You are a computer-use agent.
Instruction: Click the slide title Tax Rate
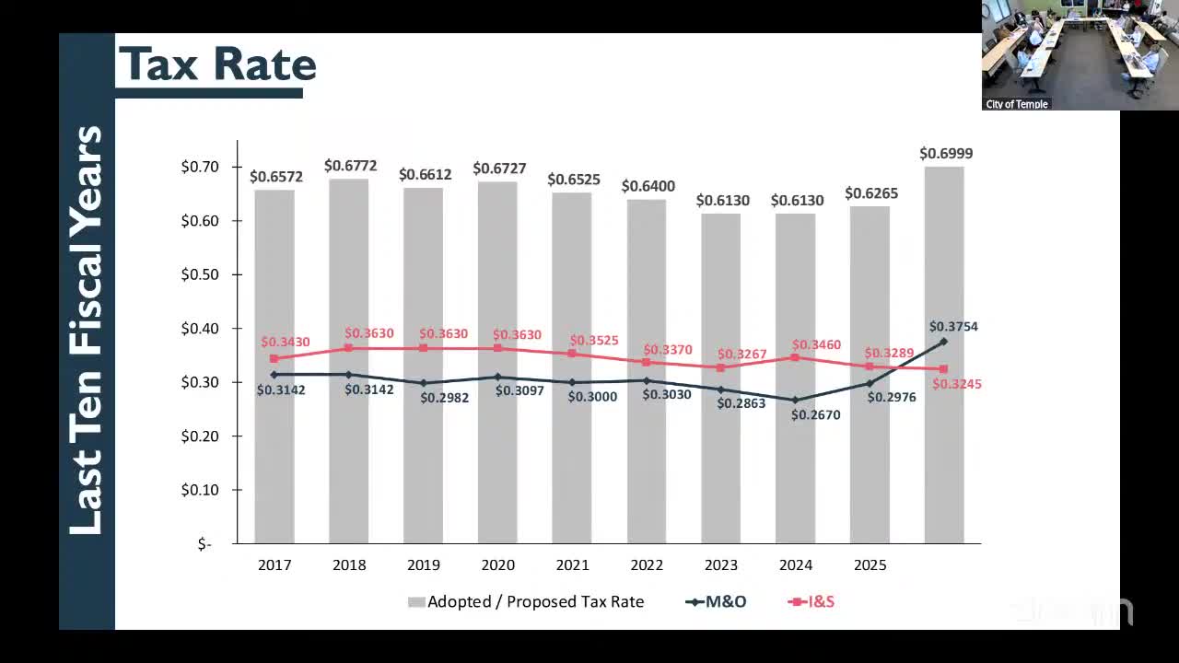point(217,64)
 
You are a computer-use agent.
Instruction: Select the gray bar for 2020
point(497,368)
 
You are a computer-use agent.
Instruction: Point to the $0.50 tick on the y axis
point(199,274)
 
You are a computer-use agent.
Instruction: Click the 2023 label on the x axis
point(721,564)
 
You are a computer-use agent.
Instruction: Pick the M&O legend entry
point(716,601)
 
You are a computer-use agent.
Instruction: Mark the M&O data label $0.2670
point(815,414)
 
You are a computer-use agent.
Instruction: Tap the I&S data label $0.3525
point(594,341)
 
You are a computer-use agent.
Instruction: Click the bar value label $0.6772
point(350,166)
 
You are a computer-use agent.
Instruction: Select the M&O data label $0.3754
point(953,326)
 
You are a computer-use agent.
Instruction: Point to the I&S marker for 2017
point(274,358)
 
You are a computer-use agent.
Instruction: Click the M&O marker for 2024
point(795,400)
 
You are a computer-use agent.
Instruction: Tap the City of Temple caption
point(1017,104)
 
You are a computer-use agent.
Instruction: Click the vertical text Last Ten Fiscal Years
point(87,331)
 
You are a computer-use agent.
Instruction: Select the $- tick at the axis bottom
point(204,544)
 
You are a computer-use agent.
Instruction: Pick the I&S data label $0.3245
point(957,384)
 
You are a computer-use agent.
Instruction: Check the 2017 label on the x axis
point(274,564)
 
